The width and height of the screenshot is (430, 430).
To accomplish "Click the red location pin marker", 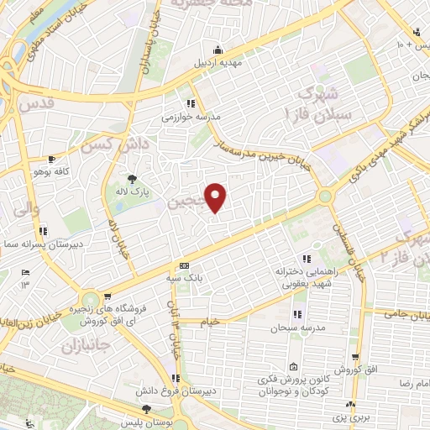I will tap(217, 197).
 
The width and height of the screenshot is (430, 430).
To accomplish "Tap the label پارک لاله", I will tap(133, 191).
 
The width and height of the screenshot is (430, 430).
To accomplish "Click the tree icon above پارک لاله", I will tap(132, 178).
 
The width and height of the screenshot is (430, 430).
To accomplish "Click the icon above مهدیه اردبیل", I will tap(218, 49).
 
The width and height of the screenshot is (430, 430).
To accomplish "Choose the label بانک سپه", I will tap(186, 276).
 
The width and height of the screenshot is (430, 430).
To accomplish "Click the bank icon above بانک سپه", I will tap(185, 265).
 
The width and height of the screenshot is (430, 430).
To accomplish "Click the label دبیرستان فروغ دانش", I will tap(173, 391).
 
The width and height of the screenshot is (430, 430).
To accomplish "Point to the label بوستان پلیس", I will tap(144, 422).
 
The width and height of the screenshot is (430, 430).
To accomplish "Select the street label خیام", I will tap(210, 322).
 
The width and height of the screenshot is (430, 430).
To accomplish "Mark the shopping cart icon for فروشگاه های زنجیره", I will tap(108, 296).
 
